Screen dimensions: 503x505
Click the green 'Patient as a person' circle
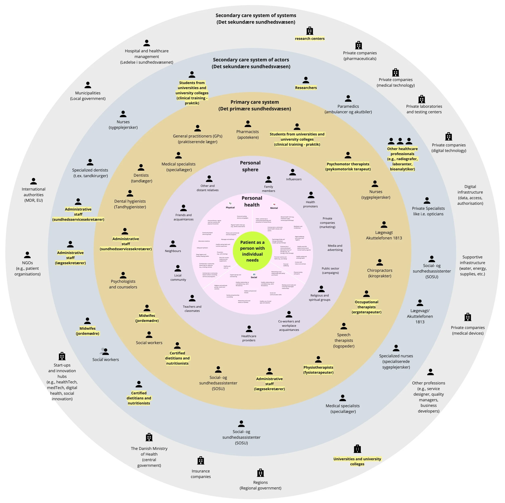252,251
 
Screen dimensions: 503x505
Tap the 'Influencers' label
294,179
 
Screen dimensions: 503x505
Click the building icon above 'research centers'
310,31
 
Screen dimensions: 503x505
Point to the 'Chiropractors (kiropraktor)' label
380,273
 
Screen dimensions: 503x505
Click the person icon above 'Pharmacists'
248,124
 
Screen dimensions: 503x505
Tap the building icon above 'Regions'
260,473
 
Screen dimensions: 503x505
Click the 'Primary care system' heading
255,105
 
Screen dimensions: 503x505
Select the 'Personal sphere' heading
250,166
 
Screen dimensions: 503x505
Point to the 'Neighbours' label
173,251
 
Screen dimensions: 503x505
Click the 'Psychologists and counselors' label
123,284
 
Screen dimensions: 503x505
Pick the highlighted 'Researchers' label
306,88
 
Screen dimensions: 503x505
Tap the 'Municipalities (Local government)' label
88,96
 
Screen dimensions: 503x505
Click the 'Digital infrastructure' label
470,195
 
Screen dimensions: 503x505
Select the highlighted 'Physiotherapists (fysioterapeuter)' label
318,370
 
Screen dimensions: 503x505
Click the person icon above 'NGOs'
27,255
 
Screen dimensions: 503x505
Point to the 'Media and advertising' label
335,248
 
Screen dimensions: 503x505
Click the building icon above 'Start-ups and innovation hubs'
62,356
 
